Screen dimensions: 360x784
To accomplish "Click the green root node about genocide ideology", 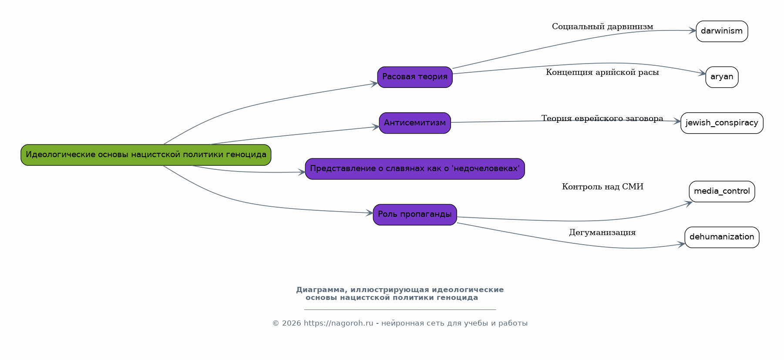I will [146, 155].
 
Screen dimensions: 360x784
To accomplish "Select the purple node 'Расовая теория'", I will [415, 77].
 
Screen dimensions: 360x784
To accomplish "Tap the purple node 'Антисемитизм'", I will [415, 123].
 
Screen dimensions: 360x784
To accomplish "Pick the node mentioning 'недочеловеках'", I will [415, 169].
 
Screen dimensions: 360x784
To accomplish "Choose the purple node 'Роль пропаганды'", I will [415, 215].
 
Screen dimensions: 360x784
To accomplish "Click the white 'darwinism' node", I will [722, 31].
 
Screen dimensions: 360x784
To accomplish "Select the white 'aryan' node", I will [722, 77].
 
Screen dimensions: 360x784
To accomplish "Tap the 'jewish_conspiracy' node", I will [722, 123].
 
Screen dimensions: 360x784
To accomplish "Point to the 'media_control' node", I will [722, 192].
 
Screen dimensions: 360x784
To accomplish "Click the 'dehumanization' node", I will [722, 237].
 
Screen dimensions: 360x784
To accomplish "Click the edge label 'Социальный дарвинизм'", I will [602, 27].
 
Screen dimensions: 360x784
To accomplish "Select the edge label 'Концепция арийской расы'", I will [602, 73].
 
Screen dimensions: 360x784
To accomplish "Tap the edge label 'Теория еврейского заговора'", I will [602, 119].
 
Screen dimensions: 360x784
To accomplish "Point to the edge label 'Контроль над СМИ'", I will [602, 187].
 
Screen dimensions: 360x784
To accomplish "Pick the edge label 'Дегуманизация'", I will [602, 233].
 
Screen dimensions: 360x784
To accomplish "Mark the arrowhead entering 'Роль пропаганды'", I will [370, 213].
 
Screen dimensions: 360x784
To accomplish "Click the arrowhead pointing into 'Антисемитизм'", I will [376, 127].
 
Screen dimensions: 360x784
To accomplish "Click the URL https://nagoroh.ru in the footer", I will [338, 323].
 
